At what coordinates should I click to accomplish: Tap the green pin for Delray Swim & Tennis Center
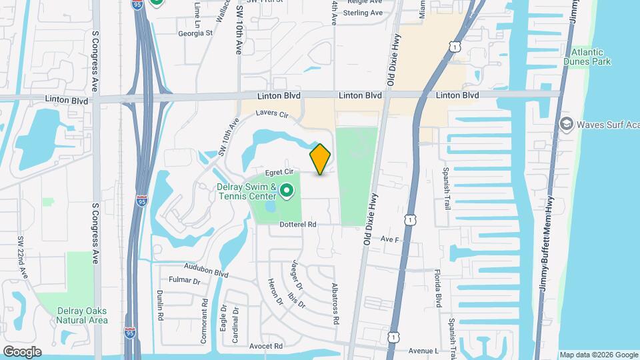(287, 192)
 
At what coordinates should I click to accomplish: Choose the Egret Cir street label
(280, 172)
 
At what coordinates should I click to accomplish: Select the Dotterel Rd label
(297, 225)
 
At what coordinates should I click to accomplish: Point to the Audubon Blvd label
(208, 271)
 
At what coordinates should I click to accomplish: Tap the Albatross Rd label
(335, 294)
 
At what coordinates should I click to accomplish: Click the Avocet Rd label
(266, 346)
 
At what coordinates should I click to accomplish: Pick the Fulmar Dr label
(185, 281)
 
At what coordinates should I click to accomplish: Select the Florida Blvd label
(437, 289)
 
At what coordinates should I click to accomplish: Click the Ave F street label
(389, 239)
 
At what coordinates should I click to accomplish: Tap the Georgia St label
(195, 32)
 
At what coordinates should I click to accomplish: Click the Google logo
(22, 351)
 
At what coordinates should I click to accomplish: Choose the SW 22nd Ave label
(23, 257)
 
